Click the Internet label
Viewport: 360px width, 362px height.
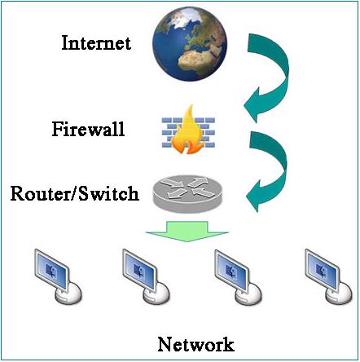click(x=96, y=43)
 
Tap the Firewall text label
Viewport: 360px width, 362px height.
click(x=89, y=129)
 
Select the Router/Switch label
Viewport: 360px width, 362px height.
click(x=75, y=193)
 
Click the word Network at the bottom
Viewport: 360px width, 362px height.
click(x=195, y=344)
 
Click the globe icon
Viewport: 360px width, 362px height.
click(x=190, y=44)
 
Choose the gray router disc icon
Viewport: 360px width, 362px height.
click(x=187, y=193)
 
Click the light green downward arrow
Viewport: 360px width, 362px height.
click(x=187, y=231)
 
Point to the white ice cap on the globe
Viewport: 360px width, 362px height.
click(x=186, y=17)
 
